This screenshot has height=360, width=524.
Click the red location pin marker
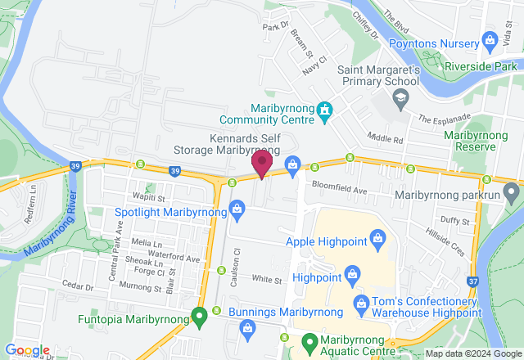click(x=261, y=162)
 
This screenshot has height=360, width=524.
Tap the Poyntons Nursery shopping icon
click(x=490, y=39)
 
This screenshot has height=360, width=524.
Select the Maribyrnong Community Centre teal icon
click(x=325, y=109)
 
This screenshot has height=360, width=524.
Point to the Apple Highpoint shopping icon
click(x=377, y=238)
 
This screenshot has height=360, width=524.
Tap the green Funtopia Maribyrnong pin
click(x=199, y=315)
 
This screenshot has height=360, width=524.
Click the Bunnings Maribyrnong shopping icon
click(x=248, y=327)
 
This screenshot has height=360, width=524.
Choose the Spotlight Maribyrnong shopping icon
click(x=237, y=208)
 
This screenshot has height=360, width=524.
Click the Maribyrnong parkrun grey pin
click(x=512, y=194)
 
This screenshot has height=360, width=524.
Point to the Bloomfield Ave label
click(x=337, y=190)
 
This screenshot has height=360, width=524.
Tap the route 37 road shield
click(x=474, y=282)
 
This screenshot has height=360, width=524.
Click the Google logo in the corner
click(x=26, y=351)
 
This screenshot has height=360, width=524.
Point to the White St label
click(x=267, y=280)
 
